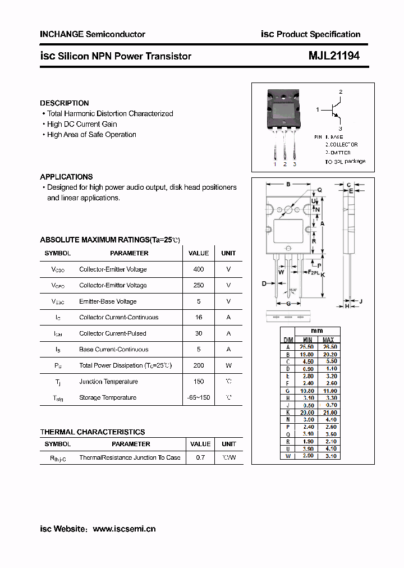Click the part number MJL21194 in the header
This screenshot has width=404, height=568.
pyautogui.click(x=334, y=56)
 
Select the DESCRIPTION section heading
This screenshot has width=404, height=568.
pyautogui.click(x=65, y=103)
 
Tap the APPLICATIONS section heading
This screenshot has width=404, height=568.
pyautogui.click(x=66, y=177)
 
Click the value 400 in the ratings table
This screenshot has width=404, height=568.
pyautogui.click(x=198, y=269)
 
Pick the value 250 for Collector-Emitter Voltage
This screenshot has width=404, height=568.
pyautogui.click(x=198, y=285)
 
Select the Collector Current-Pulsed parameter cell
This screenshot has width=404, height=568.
pyautogui.click(x=112, y=333)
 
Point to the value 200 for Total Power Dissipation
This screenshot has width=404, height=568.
pyautogui.click(x=198, y=365)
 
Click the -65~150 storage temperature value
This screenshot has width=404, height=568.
pyautogui.click(x=198, y=397)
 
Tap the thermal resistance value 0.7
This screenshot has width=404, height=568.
pyautogui.click(x=200, y=458)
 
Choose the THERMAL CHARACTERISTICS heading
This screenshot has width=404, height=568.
pyautogui.click(x=93, y=432)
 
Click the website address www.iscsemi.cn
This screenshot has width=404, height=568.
pyautogui.click(x=124, y=529)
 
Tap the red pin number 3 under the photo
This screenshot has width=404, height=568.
pyautogui.click(x=295, y=164)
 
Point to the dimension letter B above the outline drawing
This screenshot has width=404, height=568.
pyautogui.click(x=288, y=184)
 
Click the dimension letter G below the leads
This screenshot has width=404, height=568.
pyautogui.click(x=288, y=304)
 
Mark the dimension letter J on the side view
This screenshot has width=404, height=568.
pyautogui.click(x=361, y=301)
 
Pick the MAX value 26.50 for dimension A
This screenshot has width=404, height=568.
pyautogui.click(x=328, y=347)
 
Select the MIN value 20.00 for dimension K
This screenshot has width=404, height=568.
pyautogui.click(x=307, y=413)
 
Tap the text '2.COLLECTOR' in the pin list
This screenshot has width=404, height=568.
pyautogui.click(x=341, y=145)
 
